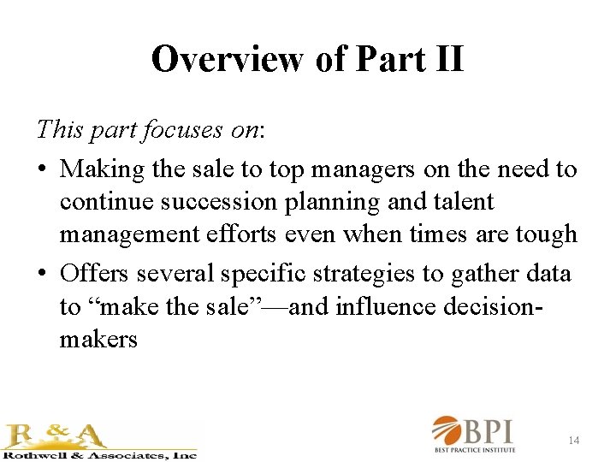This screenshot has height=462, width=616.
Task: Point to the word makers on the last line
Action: click(x=98, y=339)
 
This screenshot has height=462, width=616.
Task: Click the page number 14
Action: click(x=574, y=440)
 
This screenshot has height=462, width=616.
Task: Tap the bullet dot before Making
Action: click(x=42, y=169)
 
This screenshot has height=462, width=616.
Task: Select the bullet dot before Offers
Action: click(x=42, y=274)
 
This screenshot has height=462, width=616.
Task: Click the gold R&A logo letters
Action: click(x=56, y=434)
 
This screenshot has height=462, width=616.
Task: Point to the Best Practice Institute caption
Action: click(x=485, y=450)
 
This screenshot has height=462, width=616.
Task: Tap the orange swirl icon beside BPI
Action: click(x=447, y=430)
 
